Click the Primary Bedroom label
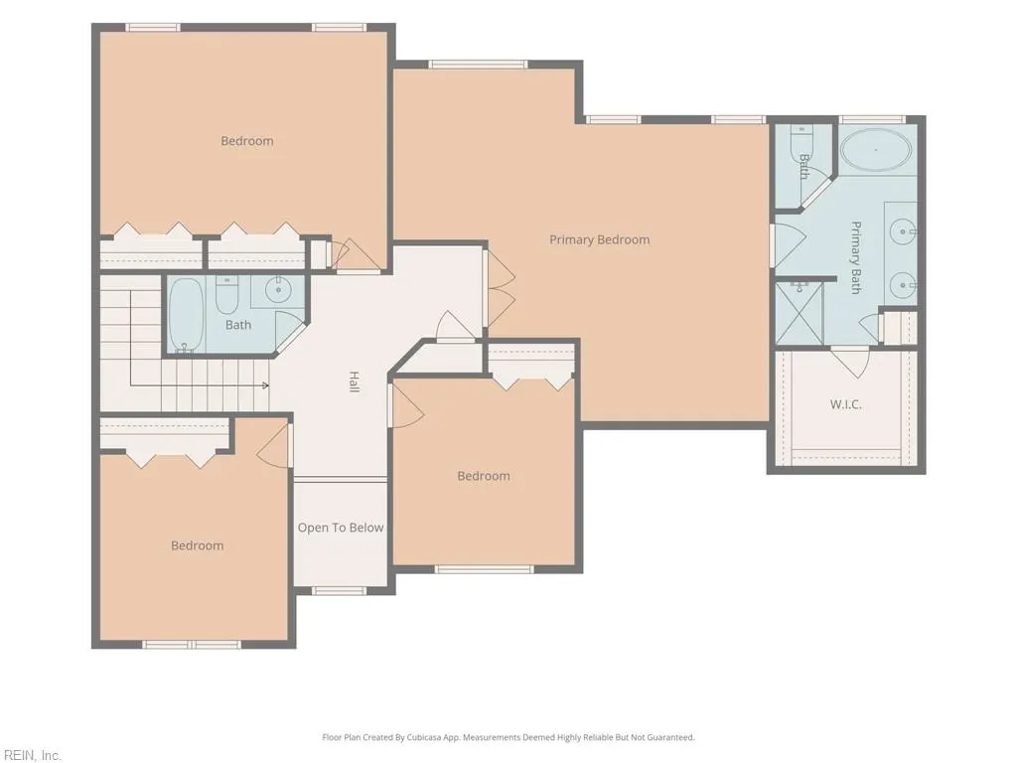pos(599,239)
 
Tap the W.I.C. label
pos(846,404)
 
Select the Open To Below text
pos(341,528)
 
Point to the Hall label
pos(355,381)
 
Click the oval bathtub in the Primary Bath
pos(876,150)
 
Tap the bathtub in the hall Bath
pos(186,315)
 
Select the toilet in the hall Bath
pos(227,294)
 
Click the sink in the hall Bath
pos(279,290)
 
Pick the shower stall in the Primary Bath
pos(799,314)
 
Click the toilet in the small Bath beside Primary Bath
pos(801,139)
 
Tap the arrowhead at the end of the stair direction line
pos(265,385)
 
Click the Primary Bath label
pos(856,257)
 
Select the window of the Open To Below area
pos(340,590)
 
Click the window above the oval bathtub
pos(872,119)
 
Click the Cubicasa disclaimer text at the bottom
pos(508,737)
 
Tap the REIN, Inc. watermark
pos(31,755)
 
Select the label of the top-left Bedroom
pos(247,141)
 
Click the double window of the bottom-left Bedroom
pos(192,644)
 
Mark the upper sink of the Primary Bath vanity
pos(902,230)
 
